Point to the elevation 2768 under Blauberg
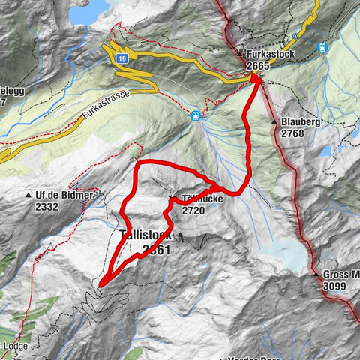pyautogui.click(x=295, y=133)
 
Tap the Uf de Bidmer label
pyautogui.click(x=64, y=195)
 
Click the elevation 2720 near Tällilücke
pyautogui.click(x=193, y=211)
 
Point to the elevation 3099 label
pyautogui.click(x=336, y=286)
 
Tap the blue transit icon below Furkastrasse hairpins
pyautogui.click(x=195, y=116)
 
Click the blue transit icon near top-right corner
pyautogui.click(x=323, y=46)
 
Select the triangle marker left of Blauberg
pyautogui.click(x=274, y=121)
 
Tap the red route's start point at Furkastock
pyautogui.click(x=256, y=77)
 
